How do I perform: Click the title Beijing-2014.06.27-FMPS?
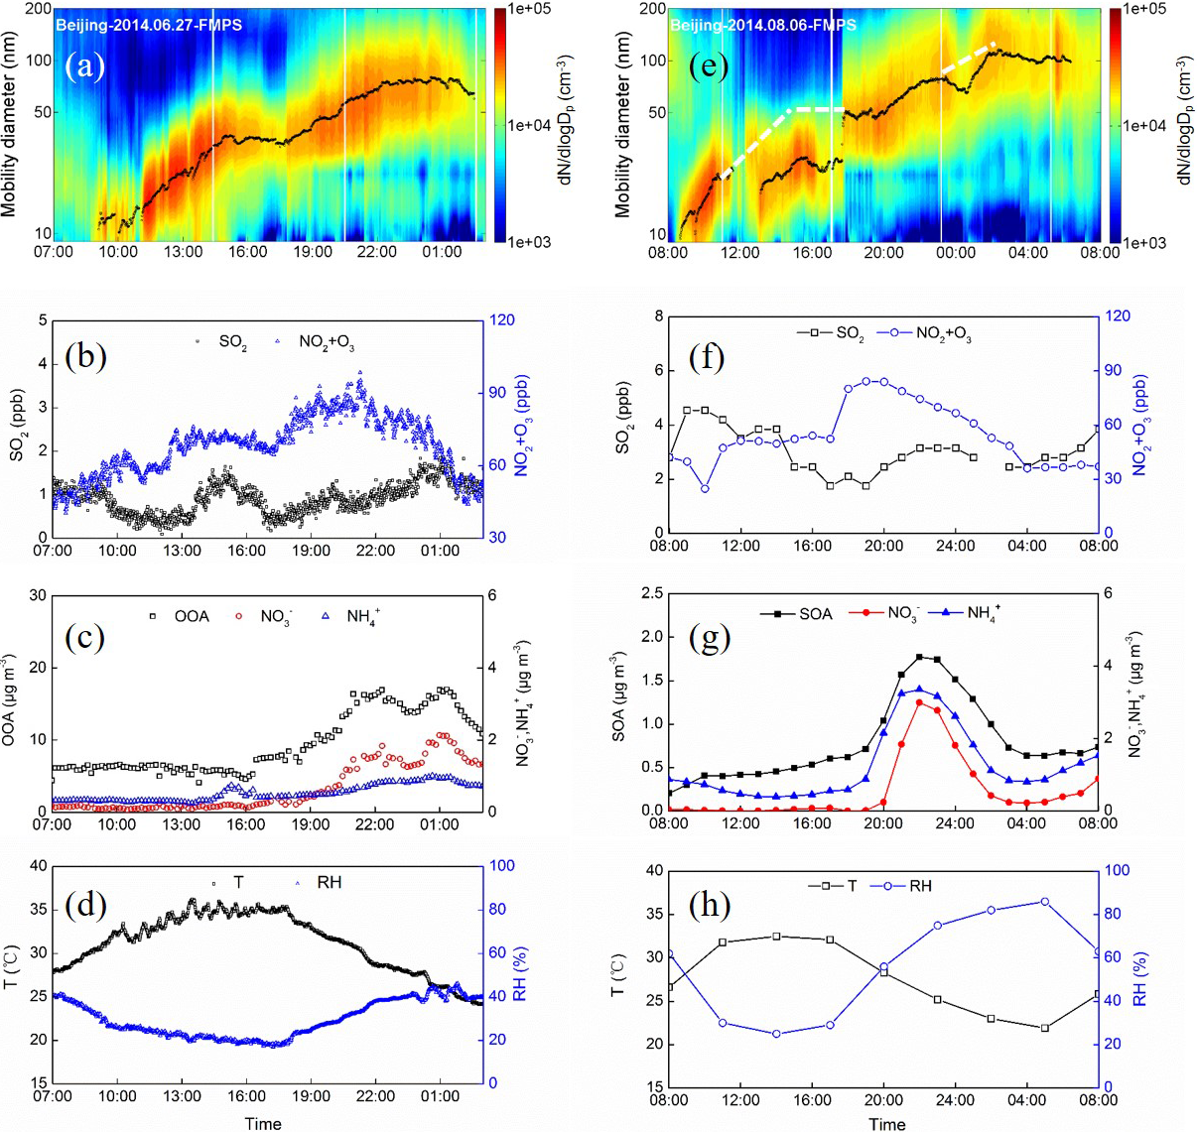pyautogui.click(x=148, y=25)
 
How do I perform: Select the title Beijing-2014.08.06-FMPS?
pyautogui.click(x=762, y=25)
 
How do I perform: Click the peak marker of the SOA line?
pyautogui.click(x=920, y=657)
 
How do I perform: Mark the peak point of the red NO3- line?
pyautogui.click(x=920, y=702)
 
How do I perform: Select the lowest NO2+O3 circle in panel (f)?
pyautogui.click(x=705, y=488)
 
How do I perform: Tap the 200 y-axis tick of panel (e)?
pyautogui.click(x=652, y=9)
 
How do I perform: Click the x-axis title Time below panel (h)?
pyautogui.click(x=886, y=1124)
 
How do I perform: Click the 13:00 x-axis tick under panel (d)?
pyautogui.click(x=182, y=1097)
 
